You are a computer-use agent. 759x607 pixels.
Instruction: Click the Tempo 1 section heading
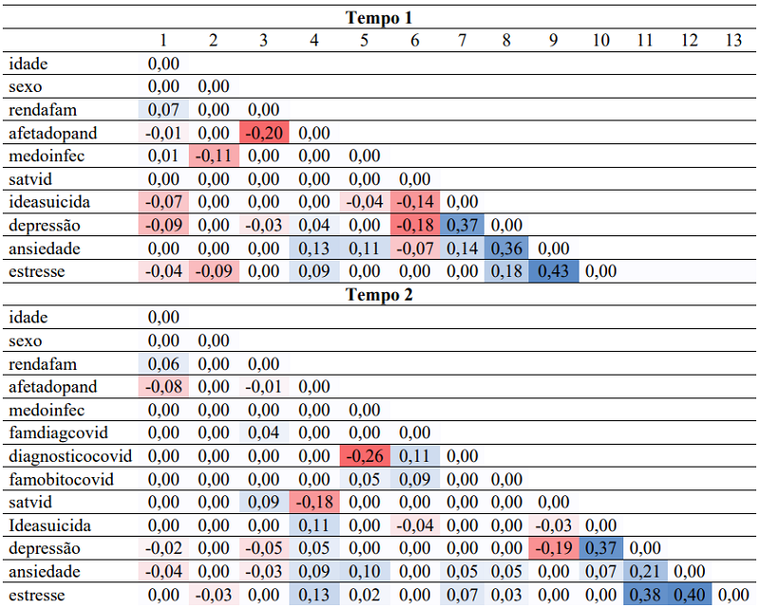pos(379,17)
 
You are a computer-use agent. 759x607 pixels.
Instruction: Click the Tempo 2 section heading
pos(379,294)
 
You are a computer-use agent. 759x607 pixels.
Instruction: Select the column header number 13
pos(732,40)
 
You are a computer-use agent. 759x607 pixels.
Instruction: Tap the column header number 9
pos(550,40)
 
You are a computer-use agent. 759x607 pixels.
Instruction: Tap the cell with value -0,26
pos(364,456)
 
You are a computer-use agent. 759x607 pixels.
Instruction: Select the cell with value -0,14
pos(413,202)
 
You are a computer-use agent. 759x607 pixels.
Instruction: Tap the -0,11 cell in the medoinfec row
pos(213,156)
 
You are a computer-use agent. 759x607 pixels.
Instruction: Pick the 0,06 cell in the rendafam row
pos(163,363)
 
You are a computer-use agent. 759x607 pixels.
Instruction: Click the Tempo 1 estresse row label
pos(38,271)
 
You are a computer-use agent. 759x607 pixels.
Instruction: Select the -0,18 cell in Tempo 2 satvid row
pos(314,503)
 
